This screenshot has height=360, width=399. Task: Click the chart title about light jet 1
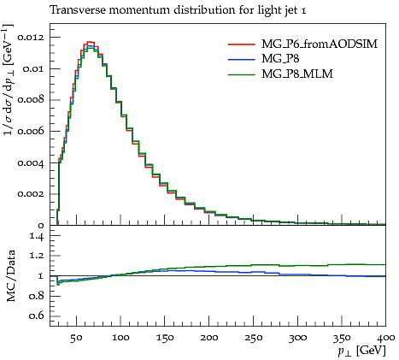point(178,10)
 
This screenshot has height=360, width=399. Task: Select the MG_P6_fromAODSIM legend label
point(320,44)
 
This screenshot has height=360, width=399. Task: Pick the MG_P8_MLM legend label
point(297,74)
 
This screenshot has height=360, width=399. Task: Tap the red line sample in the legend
point(241,44)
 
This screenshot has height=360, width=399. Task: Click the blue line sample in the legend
point(241,59)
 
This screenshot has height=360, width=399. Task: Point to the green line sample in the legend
point(241,74)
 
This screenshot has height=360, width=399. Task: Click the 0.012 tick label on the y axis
point(31,38)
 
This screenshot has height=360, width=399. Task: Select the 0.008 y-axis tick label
point(31,100)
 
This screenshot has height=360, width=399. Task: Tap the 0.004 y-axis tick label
point(31,163)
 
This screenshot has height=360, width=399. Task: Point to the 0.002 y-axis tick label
point(31,194)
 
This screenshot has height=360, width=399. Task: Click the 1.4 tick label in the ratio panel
point(37,236)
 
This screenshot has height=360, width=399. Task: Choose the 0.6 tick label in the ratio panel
point(37,316)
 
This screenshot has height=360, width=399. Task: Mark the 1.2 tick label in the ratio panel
point(37,256)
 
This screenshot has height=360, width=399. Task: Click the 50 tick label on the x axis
point(76,338)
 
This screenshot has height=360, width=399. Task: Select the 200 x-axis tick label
point(208,338)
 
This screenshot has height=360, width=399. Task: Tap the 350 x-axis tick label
point(342,338)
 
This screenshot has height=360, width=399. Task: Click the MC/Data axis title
point(11,275)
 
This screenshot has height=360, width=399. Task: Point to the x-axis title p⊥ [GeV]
point(361,351)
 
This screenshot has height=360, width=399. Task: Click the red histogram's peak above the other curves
point(90,42)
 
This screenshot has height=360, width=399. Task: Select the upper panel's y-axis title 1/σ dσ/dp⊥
point(9,80)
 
